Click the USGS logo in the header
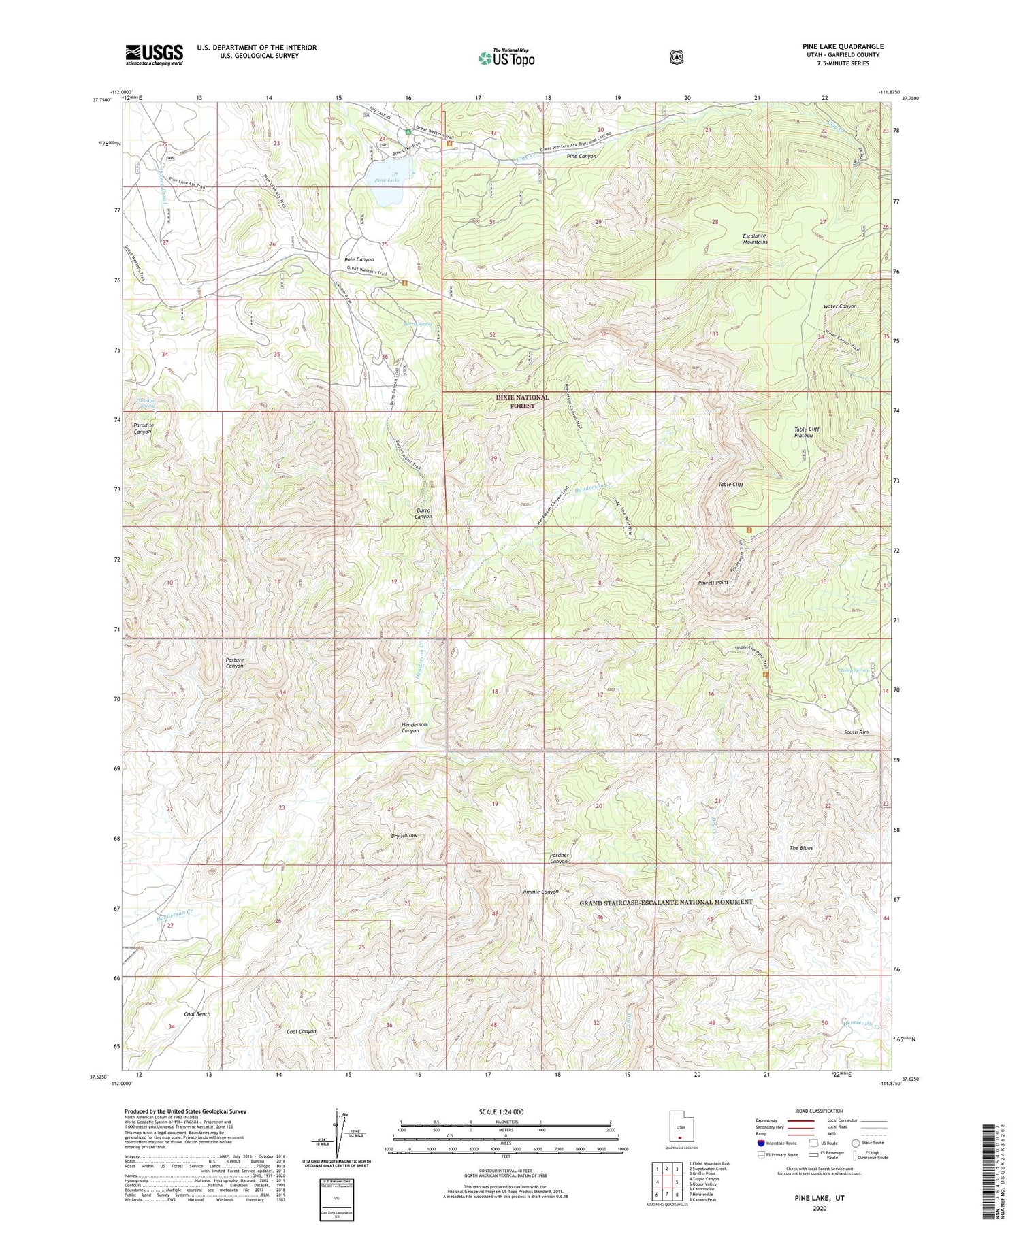coord(155,54)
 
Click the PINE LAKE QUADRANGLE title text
coord(843,46)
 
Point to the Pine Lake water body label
coord(387,180)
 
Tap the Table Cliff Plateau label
coord(809,432)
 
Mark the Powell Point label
coord(713,583)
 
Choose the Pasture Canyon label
coord(234,663)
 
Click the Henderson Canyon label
coord(414,728)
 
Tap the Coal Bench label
coord(197,1014)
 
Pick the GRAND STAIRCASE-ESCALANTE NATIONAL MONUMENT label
coord(666,902)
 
